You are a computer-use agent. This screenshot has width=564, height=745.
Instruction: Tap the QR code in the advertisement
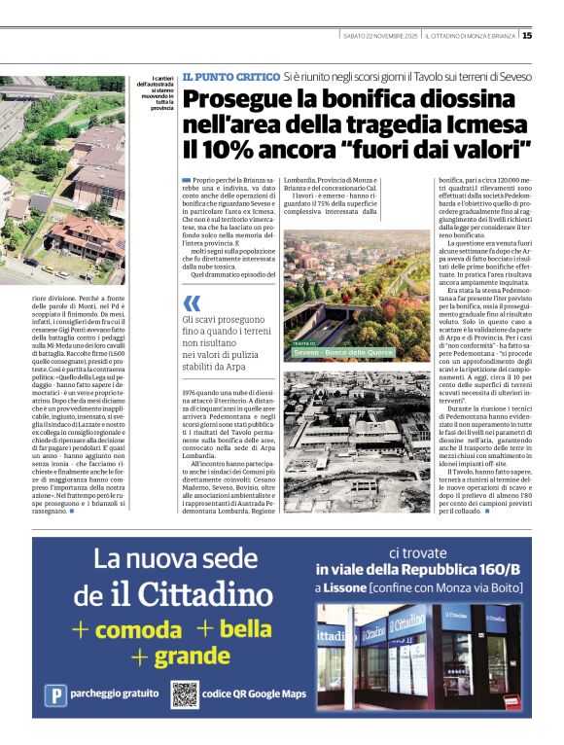[185, 694]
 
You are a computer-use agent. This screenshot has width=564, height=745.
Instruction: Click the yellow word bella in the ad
[244, 628]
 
